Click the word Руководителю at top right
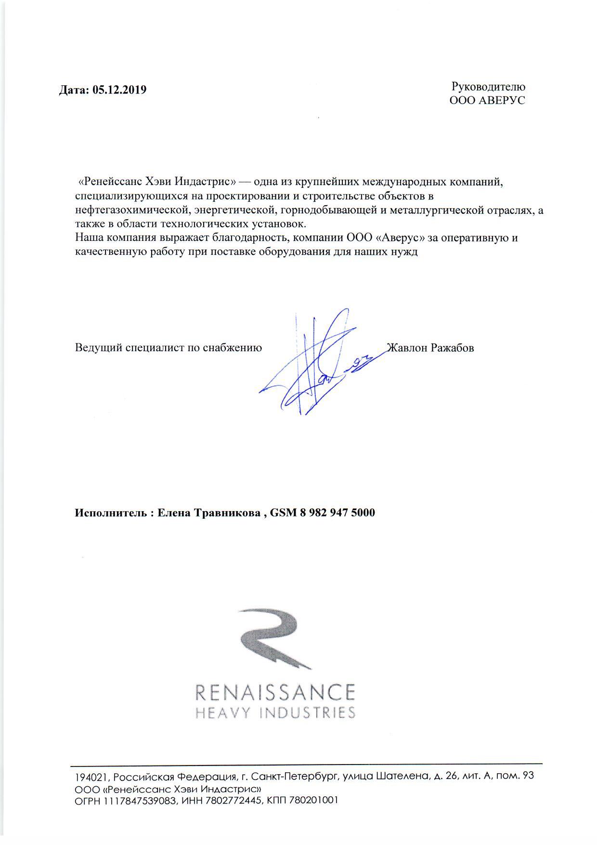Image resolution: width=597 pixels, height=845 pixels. click(488, 87)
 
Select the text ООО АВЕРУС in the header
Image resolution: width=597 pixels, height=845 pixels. click(487, 100)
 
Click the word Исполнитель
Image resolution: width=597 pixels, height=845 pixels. click(110, 513)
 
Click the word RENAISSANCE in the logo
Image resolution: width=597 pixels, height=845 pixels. click(275, 692)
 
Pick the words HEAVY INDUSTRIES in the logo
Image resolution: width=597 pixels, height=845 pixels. click(275, 712)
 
